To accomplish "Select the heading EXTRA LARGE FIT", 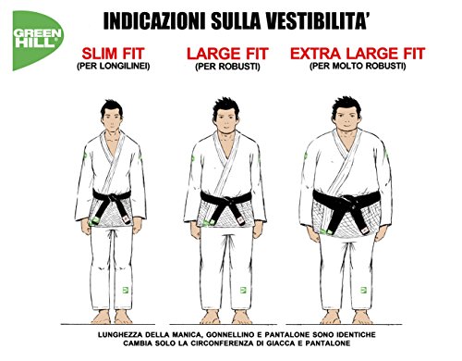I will (365, 55).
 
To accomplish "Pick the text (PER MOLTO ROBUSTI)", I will (364, 67).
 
